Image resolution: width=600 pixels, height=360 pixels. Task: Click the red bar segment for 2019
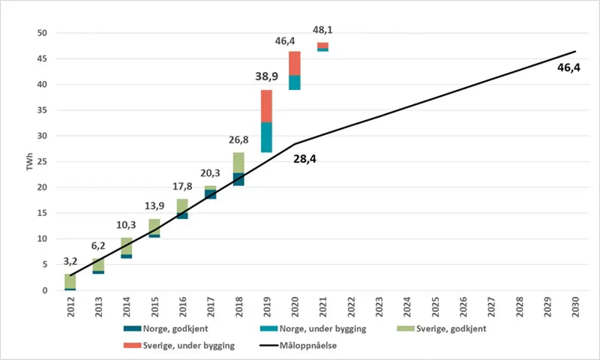pyautogui.click(x=266, y=106)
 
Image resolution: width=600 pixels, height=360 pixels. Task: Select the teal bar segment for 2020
pyautogui.click(x=295, y=83)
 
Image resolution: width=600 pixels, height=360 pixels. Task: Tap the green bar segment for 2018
pyautogui.click(x=239, y=163)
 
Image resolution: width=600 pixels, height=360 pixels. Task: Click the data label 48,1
pyautogui.click(x=323, y=29)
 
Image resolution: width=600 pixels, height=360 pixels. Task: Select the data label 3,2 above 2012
pyautogui.click(x=70, y=262)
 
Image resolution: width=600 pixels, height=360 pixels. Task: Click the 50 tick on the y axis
pyautogui.click(x=46, y=33)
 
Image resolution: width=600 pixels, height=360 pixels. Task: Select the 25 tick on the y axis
pyautogui.click(x=46, y=162)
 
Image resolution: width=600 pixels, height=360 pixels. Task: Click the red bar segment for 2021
pyautogui.click(x=323, y=46)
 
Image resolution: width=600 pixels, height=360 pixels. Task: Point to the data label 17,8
pyautogui.click(x=182, y=186)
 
